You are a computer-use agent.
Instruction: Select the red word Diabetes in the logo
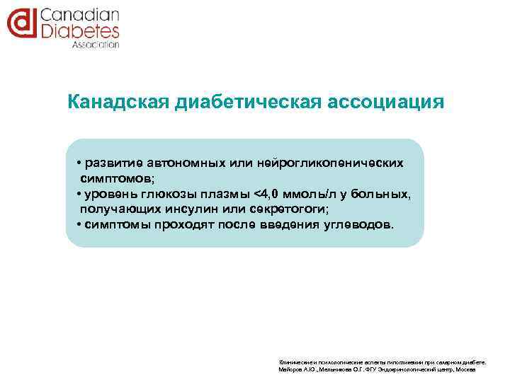coord(79,30)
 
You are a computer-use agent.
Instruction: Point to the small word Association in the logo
coord(96,44)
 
